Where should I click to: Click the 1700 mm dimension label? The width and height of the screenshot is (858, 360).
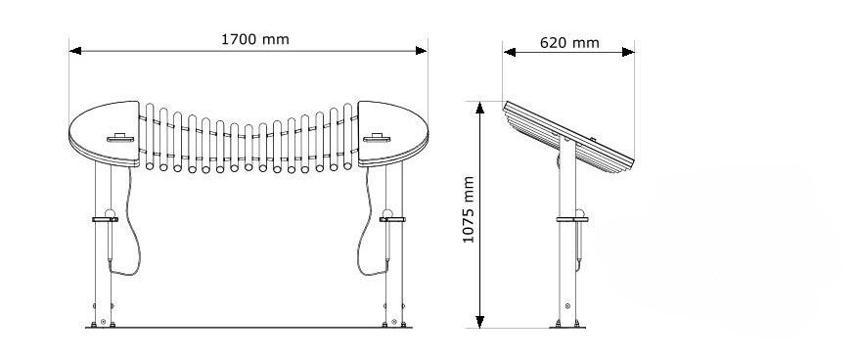tap(255, 39)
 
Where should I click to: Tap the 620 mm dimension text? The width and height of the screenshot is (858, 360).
tap(569, 43)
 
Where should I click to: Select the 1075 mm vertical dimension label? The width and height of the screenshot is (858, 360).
tap(469, 209)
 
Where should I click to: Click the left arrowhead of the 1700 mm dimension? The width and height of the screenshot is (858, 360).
tap(75, 51)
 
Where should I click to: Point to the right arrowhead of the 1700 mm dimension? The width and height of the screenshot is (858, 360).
tap(421, 51)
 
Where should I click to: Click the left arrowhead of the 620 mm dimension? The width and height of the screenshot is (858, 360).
tap(510, 52)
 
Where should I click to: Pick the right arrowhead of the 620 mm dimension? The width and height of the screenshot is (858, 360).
tap(628, 52)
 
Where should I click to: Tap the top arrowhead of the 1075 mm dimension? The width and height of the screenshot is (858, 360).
tap(480, 108)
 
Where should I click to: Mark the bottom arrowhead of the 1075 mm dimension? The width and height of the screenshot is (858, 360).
tap(480, 322)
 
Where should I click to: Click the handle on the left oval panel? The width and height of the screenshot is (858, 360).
tap(120, 138)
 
